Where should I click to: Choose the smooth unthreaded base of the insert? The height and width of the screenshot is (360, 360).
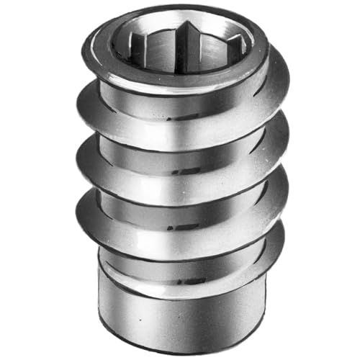pos(180,310)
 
